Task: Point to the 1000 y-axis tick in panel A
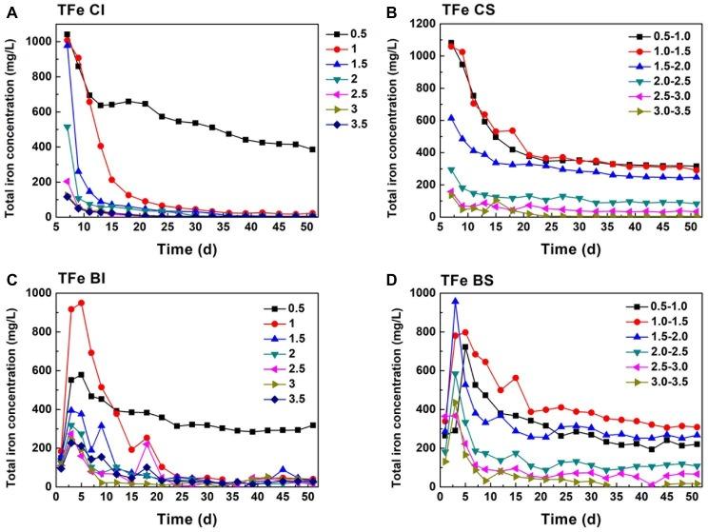click(x=37, y=41)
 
